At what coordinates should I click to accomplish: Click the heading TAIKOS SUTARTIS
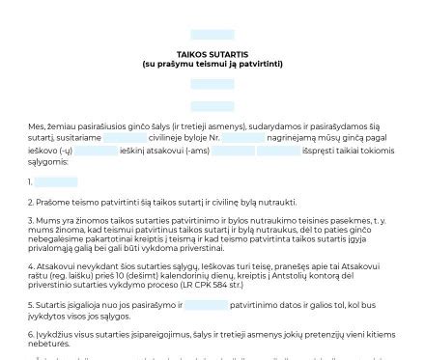click(212, 55)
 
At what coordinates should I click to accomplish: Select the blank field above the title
click(212, 35)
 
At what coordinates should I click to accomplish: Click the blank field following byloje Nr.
click(242, 139)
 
